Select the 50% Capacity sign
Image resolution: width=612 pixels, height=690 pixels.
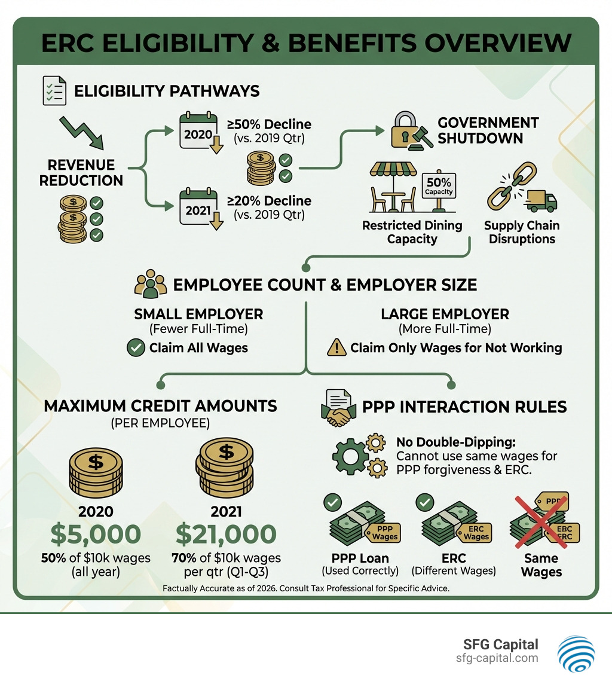coord(439,185)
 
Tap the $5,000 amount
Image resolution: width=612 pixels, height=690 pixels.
coord(96,534)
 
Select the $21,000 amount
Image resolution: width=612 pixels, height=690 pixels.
coord(226,534)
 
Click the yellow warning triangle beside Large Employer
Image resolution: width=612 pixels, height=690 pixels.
coord(336,348)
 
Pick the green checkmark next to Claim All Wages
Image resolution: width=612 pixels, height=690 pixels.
coord(136,348)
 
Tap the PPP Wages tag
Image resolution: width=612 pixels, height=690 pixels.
coord(384,533)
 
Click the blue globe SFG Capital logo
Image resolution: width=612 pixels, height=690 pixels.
coord(576,653)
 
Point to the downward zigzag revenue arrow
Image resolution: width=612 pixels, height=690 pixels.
coord(82,133)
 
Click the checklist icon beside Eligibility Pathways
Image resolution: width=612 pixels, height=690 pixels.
coord(54,91)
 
